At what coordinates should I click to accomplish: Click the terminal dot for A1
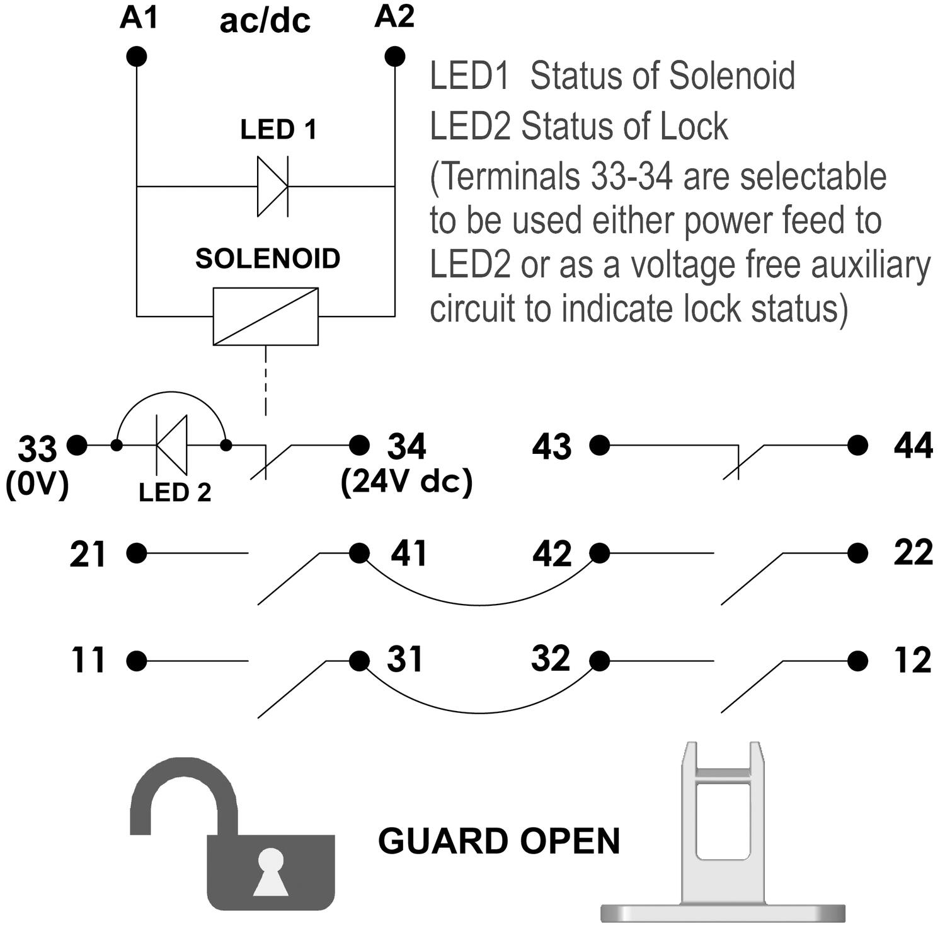tap(136, 57)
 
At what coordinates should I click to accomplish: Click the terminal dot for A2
tap(395, 57)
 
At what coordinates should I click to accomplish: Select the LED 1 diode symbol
tap(272, 187)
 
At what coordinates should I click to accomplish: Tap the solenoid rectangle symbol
tap(265, 316)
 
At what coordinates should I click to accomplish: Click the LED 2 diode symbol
tap(172, 446)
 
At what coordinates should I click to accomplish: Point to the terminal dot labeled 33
tap(77, 446)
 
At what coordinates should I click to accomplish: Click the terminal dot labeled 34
tap(359, 446)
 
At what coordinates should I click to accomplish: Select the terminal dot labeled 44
tap(857, 446)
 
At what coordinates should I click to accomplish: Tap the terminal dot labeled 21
tap(136, 553)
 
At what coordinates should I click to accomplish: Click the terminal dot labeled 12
tap(857, 661)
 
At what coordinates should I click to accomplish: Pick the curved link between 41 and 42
tap(479, 604)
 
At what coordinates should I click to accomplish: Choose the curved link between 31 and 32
tap(479, 712)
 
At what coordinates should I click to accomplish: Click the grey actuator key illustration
tap(723, 832)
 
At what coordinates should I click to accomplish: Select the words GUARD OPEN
tap(499, 841)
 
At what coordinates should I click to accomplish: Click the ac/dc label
tap(265, 21)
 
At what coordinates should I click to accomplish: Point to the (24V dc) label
tap(406, 482)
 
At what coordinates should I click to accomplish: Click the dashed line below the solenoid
tap(266, 381)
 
